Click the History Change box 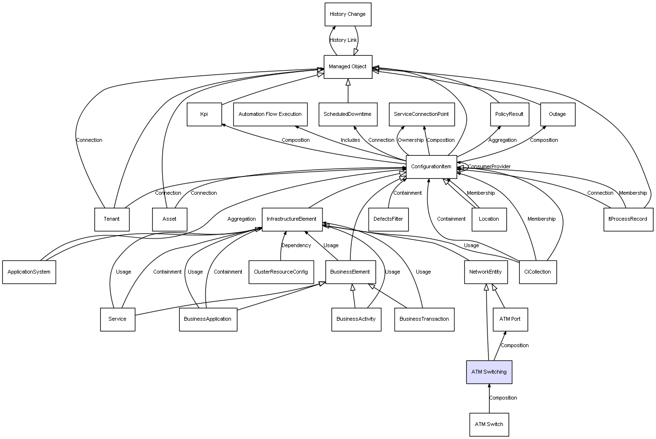(x=348, y=14)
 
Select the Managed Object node (x=348, y=67)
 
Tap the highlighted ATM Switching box (x=489, y=372)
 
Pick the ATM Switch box (x=489, y=425)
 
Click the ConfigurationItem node (x=431, y=167)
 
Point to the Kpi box (x=204, y=114)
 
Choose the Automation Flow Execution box (x=270, y=114)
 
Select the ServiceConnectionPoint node (x=422, y=114)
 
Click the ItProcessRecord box (x=628, y=219)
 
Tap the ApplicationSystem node (x=29, y=272)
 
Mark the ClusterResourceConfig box (x=281, y=272)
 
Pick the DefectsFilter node (x=388, y=219)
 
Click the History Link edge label (x=343, y=40)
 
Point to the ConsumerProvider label (x=489, y=166)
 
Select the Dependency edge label (x=296, y=245)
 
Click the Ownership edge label (x=411, y=140)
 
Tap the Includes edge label (x=350, y=140)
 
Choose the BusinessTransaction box (x=424, y=319)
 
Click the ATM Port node (x=510, y=319)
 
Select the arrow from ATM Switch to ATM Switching (x=489, y=398)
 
